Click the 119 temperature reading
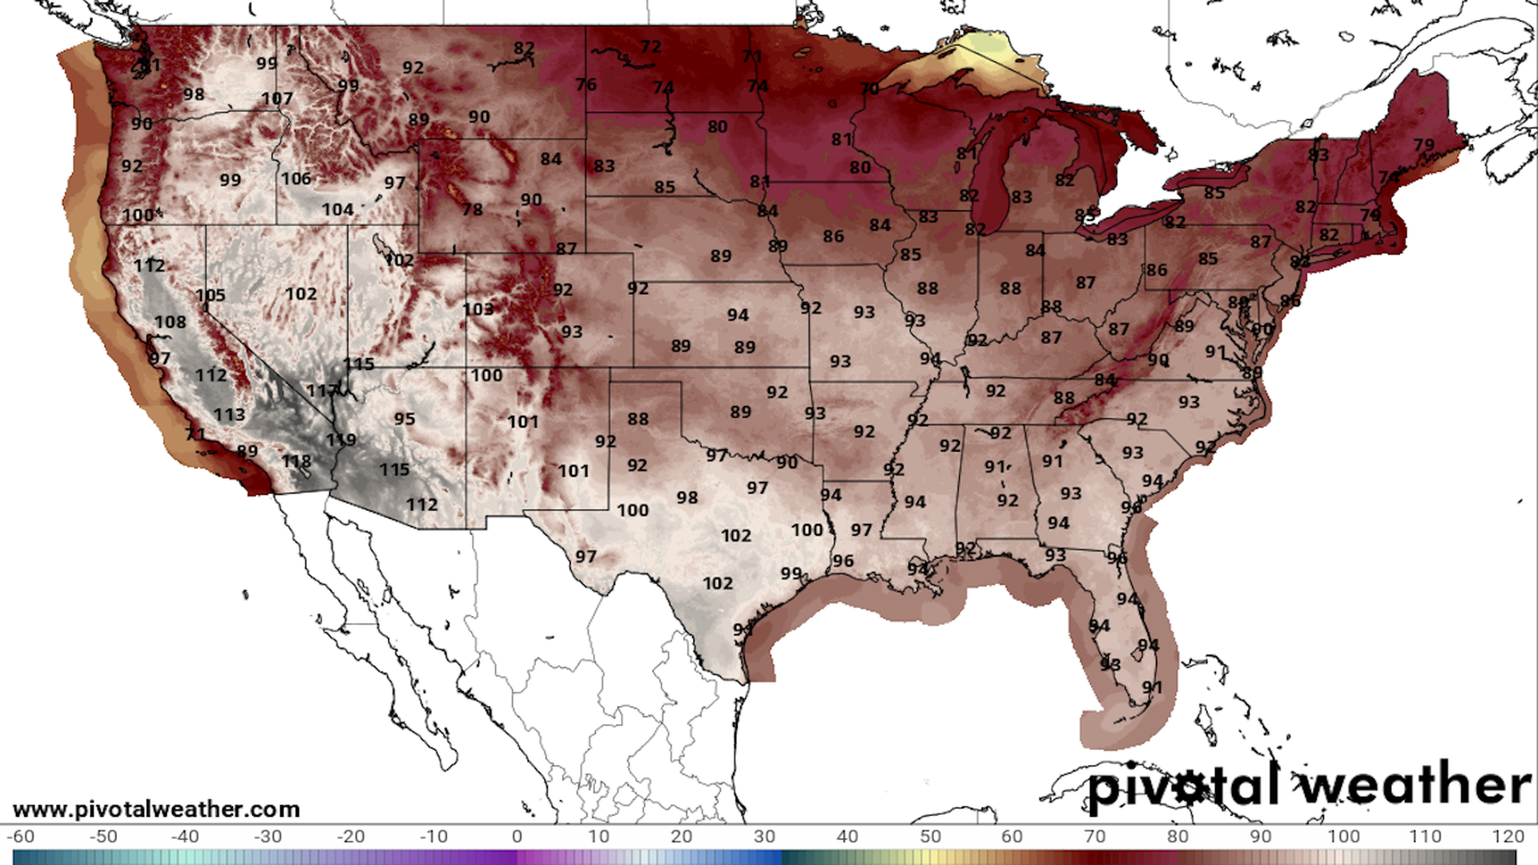click(x=340, y=440)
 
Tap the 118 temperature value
click(x=296, y=462)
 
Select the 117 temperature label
click(x=322, y=391)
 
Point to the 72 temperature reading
click(x=650, y=47)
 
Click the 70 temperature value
click(x=869, y=89)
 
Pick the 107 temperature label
click(x=276, y=99)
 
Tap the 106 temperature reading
click(x=296, y=179)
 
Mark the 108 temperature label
click(x=170, y=322)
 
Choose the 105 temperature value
click(x=210, y=296)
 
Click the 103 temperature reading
click(x=477, y=309)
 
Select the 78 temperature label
click(x=472, y=210)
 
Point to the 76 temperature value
click(x=586, y=85)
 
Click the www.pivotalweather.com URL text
click(x=156, y=810)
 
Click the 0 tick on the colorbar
click(x=517, y=836)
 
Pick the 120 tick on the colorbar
click(x=1508, y=836)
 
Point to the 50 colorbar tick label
click(x=930, y=836)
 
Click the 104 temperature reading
click(x=337, y=210)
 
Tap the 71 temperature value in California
click(x=195, y=435)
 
